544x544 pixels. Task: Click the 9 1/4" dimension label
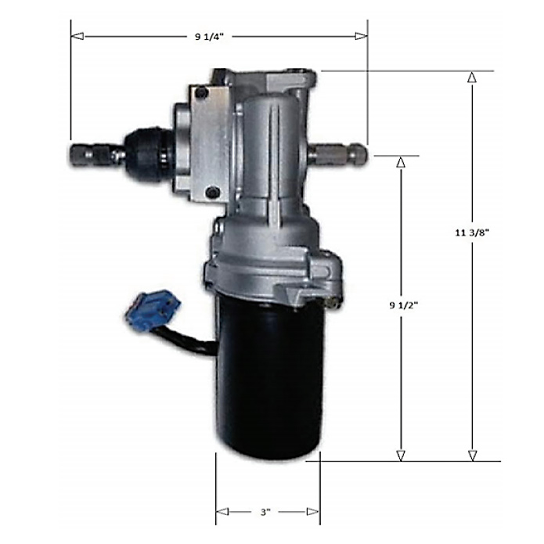coord(209,37)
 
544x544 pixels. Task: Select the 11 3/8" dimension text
coord(471,232)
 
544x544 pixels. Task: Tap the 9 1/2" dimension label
coord(403,305)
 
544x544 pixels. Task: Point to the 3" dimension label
coord(265,512)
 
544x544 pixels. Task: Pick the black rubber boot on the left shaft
coord(148,151)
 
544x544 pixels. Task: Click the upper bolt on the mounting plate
coord(202,93)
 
